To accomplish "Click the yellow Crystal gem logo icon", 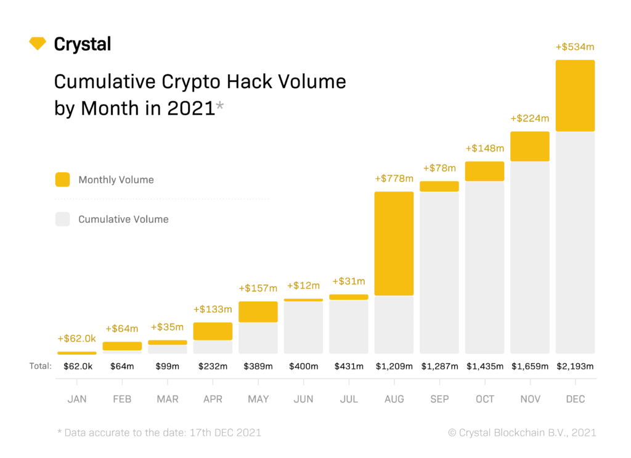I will (38, 44).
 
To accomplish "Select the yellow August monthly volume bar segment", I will (394, 244).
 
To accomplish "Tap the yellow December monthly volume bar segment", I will (575, 95).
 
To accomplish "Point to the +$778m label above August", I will (394, 179).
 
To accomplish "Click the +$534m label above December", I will (575, 47).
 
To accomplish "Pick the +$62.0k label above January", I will (77, 339).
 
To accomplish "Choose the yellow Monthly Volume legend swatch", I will (62, 180).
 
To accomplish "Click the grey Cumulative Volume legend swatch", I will (62, 219).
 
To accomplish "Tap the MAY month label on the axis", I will (258, 400).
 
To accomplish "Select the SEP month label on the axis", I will (439, 400).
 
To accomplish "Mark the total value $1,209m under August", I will (394, 366).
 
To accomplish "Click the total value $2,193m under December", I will (575, 366).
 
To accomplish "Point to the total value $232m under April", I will (213, 366).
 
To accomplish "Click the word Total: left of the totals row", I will (41, 366).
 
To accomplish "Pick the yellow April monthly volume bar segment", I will (213, 331).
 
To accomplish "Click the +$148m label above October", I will (485, 148).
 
